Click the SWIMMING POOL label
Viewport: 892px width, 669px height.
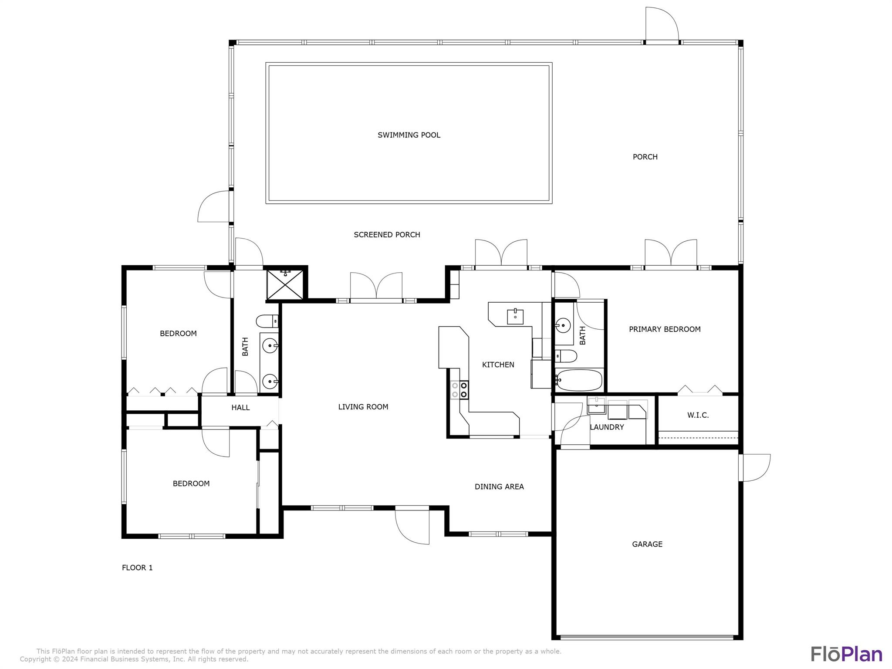point(409,135)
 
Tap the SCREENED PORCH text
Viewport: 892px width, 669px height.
point(387,235)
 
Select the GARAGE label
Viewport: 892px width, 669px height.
point(647,544)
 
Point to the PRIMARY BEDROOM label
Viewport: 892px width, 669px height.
point(665,329)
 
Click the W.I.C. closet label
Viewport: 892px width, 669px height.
point(698,415)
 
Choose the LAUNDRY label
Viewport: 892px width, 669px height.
point(607,427)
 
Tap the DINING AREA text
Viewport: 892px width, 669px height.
point(499,487)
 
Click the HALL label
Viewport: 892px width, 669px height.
point(240,408)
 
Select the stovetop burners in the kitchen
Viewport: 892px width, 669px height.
point(460,390)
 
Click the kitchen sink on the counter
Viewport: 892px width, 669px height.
point(515,317)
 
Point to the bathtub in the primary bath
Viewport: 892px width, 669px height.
point(579,380)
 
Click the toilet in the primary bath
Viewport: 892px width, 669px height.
point(566,356)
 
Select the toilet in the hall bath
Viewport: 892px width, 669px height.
point(267,321)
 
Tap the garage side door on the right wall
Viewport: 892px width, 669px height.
point(756,467)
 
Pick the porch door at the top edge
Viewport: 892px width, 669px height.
point(662,24)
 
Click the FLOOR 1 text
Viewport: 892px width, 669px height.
point(137,568)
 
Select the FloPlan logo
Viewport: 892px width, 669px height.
point(846,654)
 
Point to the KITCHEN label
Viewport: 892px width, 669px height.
point(498,365)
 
